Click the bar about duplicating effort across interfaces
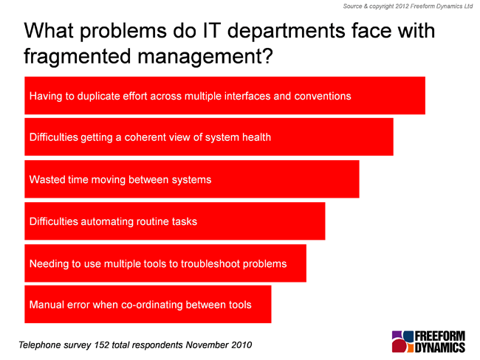[x=224, y=96]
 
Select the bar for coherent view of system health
[x=209, y=137]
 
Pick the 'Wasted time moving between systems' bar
[x=192, y=179]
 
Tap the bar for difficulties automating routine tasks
[x=175, y=221]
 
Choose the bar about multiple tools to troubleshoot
[x=165, y=263]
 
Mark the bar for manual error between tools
[x=148, y=305]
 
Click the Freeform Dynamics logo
[x=428, y=342]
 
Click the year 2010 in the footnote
[x=241, y=345]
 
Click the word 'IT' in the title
[x=211, y=30]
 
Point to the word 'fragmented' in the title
[x=77, y=57]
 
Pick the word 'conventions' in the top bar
[x=323, y=96]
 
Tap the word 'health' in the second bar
[x=256, y=137]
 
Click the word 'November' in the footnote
[x=207, y=345]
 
